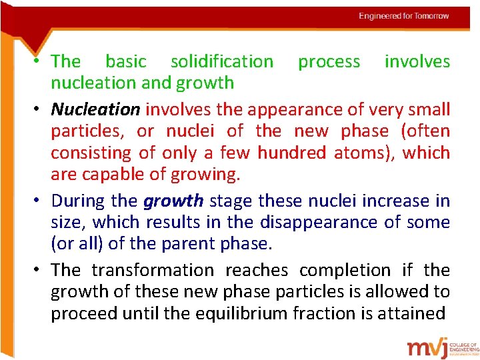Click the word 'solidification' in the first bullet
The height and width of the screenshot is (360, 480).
222,62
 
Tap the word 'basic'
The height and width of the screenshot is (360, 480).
125,62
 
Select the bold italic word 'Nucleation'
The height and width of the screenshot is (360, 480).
95,109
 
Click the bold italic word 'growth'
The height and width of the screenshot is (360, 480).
166,201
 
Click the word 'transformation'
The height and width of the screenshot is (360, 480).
153,270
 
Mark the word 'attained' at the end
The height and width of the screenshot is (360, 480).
414,313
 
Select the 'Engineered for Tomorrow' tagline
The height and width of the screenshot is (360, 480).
404,16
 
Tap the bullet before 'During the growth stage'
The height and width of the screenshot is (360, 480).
41,201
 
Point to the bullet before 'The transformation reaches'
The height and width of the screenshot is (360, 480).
41,270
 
